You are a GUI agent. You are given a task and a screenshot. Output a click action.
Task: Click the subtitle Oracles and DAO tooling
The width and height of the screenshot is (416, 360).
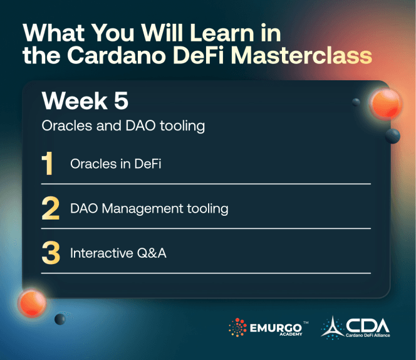click(123, 125)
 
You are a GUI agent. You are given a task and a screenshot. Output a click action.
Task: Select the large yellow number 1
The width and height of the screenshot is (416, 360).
click(48, 164)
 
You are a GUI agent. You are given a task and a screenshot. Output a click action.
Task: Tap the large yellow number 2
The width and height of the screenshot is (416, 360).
click(50, 209)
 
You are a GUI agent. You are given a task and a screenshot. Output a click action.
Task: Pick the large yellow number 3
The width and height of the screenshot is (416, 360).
click(50, 253)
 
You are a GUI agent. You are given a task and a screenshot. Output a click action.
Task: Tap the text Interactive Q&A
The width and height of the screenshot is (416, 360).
click(118, 253)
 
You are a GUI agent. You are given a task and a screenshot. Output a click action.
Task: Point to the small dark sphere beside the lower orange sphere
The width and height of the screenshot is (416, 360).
click(60, 320)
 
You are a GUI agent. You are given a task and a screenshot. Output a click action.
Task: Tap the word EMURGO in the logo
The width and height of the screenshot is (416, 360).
click(274, 326)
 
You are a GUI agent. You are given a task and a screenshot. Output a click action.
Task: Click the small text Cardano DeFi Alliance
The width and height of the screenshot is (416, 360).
click(367, 336)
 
